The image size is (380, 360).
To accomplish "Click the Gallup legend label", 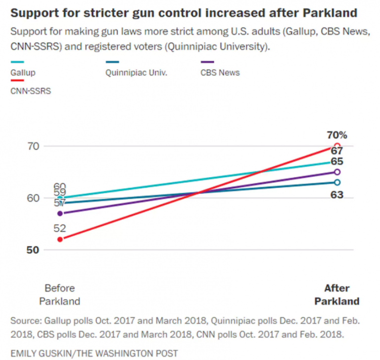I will tap(23, 72).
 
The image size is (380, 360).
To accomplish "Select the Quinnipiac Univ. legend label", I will tap(136, 72).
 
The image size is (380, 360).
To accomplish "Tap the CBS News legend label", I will tap(220, 72).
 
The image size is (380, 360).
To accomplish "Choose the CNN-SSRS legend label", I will tap(31, 91).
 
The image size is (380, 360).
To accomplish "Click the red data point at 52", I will tap(60, 239).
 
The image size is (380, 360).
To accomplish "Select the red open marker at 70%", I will tap(337, 146).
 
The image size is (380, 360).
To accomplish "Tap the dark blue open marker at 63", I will tap(337, 182).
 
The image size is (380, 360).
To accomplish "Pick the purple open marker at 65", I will tap(337, 172).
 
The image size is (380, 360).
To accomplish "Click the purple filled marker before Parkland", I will tap(60, 213).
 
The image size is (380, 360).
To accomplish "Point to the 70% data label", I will tap(337, 135).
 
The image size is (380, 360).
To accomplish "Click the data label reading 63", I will tap(337, 195).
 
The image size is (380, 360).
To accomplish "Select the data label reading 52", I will tap(60, 228).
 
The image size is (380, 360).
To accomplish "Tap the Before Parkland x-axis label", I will tap(60, 295).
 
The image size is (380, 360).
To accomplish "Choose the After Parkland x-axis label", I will tap(337, 295).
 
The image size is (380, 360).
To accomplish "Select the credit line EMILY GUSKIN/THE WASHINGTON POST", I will tap(94, 353).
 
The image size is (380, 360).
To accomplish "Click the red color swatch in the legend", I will tap(17, 81).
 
